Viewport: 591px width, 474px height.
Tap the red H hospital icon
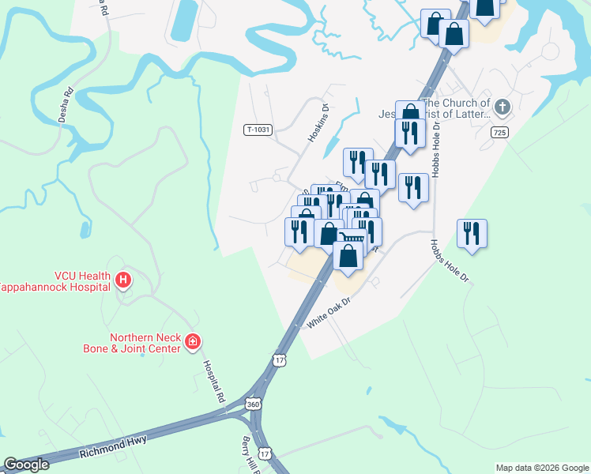pyautogui.click(x=122, y=280)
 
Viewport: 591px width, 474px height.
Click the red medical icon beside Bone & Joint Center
pyautogui.click(x=193, y=341)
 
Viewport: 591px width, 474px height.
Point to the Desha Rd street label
pyautogui.click(x=69, y=102)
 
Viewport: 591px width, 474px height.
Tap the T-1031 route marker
pyautogui.click(x=258, y=130)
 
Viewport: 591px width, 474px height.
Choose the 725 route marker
pyautogui.click(x=499, y=133)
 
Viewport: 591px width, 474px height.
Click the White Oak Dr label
pyautogui.click(x=328, y=313)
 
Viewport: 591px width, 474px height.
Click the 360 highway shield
pyautogui.click(x=253, y=404)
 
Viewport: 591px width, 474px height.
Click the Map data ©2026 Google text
pyautogui.click(x=542, y=468)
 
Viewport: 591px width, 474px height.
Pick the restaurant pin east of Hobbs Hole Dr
pyautogui.click(x=472, y=233)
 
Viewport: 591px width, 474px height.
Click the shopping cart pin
pyautogui.click(x=353, y=238)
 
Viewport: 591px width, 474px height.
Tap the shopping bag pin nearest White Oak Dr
pyautogui.click(x=348, y=255)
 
